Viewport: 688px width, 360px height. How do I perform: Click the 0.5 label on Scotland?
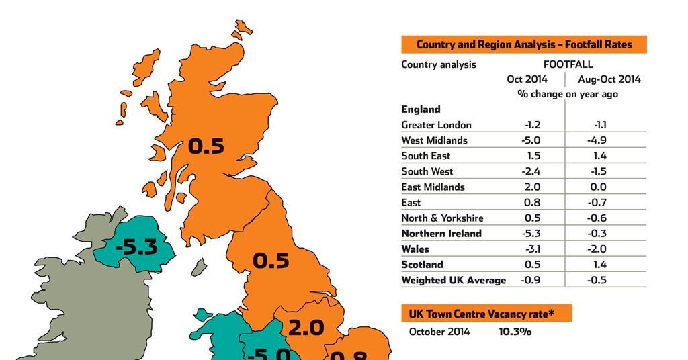206,146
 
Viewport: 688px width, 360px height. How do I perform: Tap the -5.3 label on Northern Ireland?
136,247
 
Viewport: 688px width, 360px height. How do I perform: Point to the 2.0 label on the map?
306,328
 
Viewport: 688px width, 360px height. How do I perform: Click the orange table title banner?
524,45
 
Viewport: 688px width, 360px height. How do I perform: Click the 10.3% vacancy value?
515,332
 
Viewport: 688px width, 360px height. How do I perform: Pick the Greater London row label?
436,125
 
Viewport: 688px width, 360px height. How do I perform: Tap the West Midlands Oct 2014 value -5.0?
531,140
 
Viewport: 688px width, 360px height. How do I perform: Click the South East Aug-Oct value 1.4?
600,156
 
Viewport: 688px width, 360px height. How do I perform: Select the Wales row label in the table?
415,249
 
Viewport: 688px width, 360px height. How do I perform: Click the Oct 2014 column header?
527,79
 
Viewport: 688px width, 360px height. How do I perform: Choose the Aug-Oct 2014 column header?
609,79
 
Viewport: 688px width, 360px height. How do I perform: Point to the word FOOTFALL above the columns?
568,64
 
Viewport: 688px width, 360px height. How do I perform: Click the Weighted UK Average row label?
454,280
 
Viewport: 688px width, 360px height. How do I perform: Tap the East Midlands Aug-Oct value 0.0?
597,187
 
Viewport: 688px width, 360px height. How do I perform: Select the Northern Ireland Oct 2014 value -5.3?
531,234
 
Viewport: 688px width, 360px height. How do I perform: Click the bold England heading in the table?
421,109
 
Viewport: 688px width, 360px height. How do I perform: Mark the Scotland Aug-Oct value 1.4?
600,265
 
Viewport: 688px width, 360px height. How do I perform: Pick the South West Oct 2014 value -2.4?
531,171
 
